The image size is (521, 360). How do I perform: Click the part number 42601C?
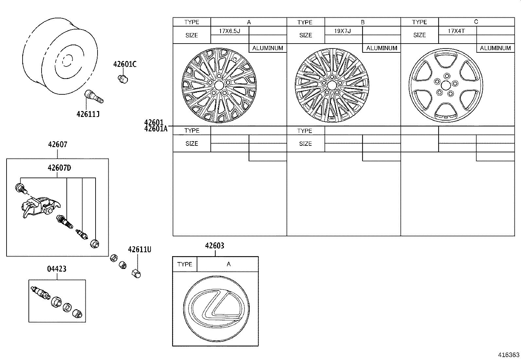(x=125, y=64)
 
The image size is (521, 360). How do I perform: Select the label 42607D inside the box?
(x=59, y=168)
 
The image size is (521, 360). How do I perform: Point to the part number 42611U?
(x=139, y=250)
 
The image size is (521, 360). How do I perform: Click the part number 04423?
(x=57, y=269)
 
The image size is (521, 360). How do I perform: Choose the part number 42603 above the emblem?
(x=215, y=246)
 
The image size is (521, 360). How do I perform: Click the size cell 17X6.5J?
(x=229, y=31)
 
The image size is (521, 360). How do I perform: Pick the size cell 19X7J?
(x=343, y=31)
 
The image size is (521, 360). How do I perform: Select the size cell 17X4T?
(x=457, y=31)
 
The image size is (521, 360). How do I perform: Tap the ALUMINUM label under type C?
(x=495, y=48)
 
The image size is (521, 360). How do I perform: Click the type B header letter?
(x=363, y=22)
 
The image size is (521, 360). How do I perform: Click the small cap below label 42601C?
(x=123, y=79)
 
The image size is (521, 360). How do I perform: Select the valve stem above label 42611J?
(x=94, y=96)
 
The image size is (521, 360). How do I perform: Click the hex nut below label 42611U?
(x=136, y=273)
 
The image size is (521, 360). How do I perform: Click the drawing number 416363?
(x=509, y=355)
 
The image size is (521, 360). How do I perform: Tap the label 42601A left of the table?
(x=155, y=129)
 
